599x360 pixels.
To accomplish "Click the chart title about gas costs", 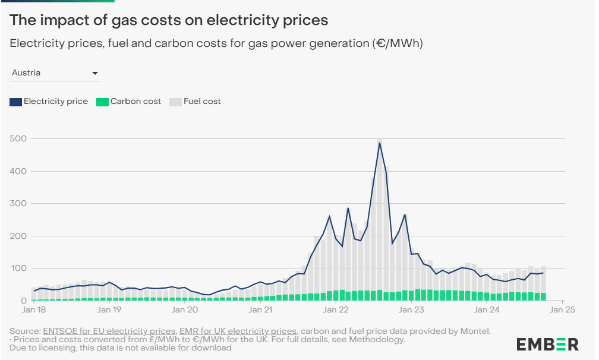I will pos(169,20).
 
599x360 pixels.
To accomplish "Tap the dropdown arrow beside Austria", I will pos(95,73).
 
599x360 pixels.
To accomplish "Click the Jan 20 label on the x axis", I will pos(184,310).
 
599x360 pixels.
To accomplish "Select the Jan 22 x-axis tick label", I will pos(335,310).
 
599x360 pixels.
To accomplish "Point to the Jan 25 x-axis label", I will pos(562,310).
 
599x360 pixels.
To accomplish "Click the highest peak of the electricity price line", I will pos(380,143).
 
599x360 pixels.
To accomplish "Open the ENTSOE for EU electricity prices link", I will pos(109,331).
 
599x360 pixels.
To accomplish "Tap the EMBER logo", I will pos(547,344).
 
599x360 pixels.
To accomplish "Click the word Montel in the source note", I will pos(477,331).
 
